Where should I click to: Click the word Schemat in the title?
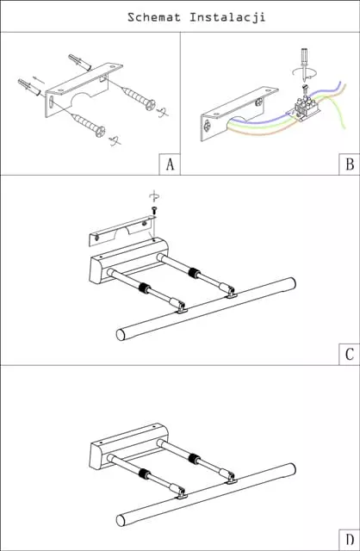click(x=154, y=17)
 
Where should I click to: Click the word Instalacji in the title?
click(x=227, y=17)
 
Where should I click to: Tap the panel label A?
click(x=171, y=164)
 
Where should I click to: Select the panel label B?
click(x=350, y=164)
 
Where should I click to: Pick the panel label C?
click(x=350, y=354)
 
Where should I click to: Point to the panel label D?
click(x=350, y=540)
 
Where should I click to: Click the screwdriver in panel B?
click(x=303, y=65)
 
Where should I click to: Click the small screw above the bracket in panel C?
click(x=154, y=210)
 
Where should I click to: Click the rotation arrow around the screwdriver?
click(x=305, y=73)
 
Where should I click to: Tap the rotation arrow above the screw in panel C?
click(x=154, y=196)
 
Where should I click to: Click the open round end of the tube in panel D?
click(x=121, y=520)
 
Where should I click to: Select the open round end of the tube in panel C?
click(x=121, y=335)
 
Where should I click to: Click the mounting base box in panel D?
click(x=128, y=444)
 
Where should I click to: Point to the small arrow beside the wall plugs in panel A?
click(x=38, y=80)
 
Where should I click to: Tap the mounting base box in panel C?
click(x=128, y=259)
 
